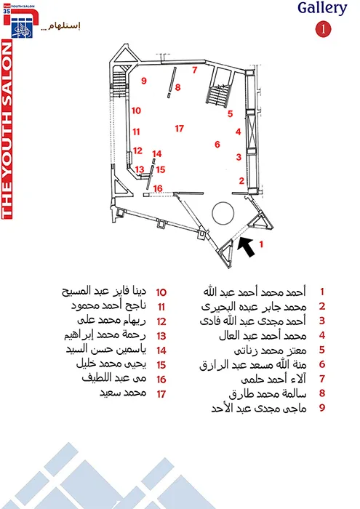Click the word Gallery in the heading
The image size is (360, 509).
click(322, 8)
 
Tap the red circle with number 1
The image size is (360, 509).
click(323, 30)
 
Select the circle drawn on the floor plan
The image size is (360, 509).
click(223, 213)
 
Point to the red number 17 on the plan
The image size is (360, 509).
click(180, 129)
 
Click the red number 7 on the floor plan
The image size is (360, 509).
click(194, 70)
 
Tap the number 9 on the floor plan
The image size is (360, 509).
click(144, 81)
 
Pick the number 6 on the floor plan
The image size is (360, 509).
click(217, 144)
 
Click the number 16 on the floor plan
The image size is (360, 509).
click(158, 188)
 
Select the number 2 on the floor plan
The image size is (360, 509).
click(241, 180)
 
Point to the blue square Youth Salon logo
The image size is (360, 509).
click(22, 28)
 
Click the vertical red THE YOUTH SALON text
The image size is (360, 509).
click(7, 129)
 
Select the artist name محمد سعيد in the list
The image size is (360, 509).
click(123, 393)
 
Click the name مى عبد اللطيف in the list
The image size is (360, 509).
click(114, 378)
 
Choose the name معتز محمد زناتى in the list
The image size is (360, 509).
click(270, 350)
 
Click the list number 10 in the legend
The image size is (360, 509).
click(161, 292)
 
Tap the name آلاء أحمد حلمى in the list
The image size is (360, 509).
click(273, 379)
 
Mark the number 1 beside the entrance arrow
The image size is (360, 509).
click(261, 244)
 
